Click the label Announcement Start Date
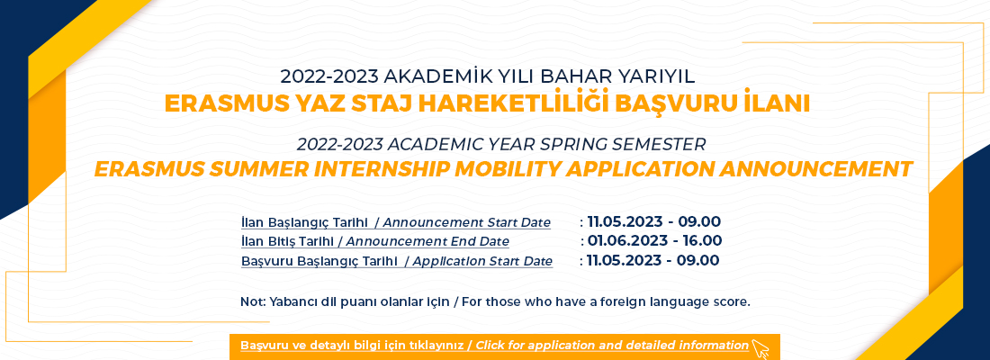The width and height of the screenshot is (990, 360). point(467,223)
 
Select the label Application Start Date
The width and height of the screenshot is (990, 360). point(483,262)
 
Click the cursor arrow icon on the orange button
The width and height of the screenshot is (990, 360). point(760,348)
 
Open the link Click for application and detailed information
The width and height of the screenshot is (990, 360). point(612,346)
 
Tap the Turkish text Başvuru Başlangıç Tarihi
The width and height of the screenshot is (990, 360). point(319,262)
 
